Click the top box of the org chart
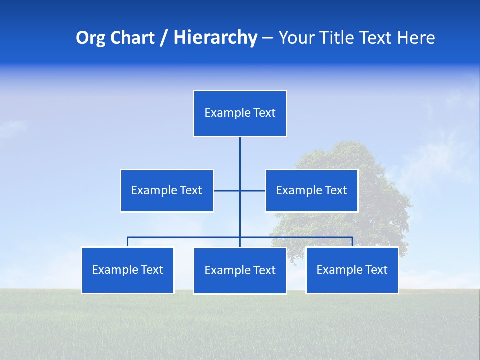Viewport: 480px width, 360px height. [240, 113]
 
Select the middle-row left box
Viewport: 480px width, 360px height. [167, 190]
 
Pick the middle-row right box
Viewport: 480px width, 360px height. [311, 190]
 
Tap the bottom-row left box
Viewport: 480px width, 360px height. [128, 270]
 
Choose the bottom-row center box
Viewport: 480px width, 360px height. [240, 270]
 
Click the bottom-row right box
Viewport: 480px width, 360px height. [352, 270]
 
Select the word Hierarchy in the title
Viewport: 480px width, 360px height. [215, 38]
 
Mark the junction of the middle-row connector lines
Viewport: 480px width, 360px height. [240, 190]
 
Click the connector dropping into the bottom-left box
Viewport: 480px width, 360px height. [128, 242]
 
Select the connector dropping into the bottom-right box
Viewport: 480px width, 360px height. [352, 242]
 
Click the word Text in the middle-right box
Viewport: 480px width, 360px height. [336, 190]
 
